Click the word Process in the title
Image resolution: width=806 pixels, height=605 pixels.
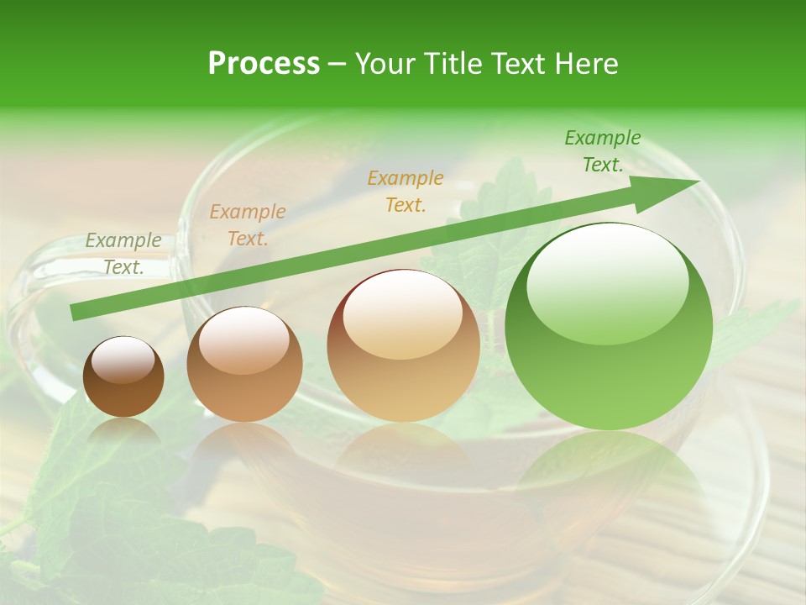point(264,64)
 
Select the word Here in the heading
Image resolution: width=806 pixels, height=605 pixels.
point(587,64)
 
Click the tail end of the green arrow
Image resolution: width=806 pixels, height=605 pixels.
point(76,312)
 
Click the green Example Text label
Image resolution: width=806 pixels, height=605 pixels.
point(602,151)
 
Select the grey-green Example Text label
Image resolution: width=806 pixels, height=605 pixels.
point(123,254)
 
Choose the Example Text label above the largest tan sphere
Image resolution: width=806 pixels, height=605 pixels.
point(406,191)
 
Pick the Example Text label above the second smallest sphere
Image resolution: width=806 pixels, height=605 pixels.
point(248,225)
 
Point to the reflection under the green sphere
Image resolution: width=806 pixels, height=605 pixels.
point(609,471)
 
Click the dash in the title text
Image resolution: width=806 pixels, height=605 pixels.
point(337,64)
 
